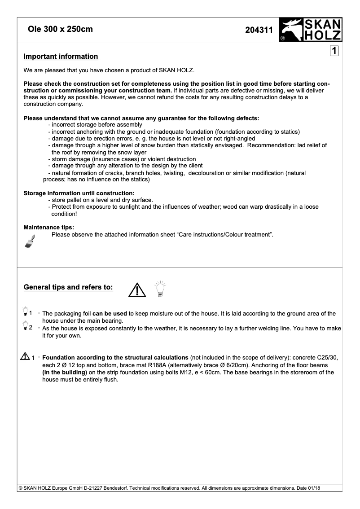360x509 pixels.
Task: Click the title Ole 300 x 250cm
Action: point(60,30)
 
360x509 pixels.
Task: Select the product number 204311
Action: point(259,31)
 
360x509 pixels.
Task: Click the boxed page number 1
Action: point(334,51)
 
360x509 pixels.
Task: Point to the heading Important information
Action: point(61,57)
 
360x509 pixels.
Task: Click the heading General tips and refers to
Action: point(68,287)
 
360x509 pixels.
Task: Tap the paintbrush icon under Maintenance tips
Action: point(30,241)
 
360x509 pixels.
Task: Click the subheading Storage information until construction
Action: point(79,193)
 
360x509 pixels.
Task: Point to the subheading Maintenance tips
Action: point(48,227)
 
